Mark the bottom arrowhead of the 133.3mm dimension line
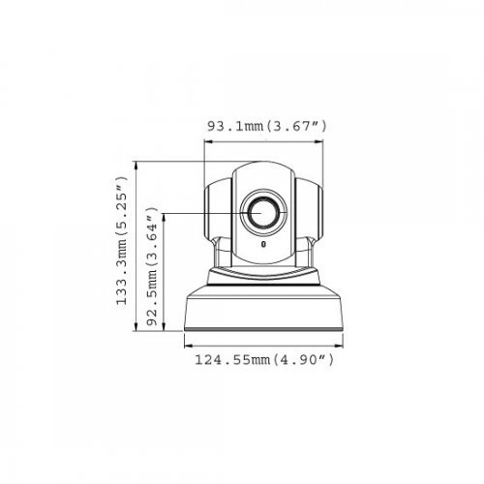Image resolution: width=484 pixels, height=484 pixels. (136, 330)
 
